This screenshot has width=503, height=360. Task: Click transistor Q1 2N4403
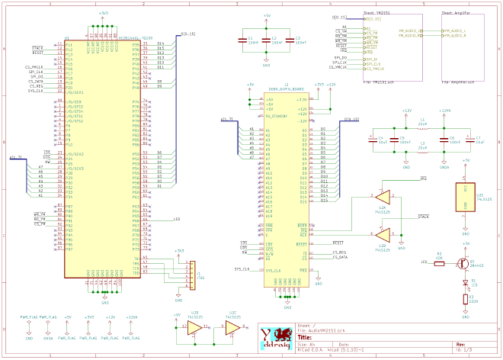(463, 262)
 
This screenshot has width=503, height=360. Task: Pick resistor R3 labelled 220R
(466, 299)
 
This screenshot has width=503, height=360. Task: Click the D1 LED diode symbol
(466, 281)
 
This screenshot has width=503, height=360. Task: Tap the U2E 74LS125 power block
(465, 196)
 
